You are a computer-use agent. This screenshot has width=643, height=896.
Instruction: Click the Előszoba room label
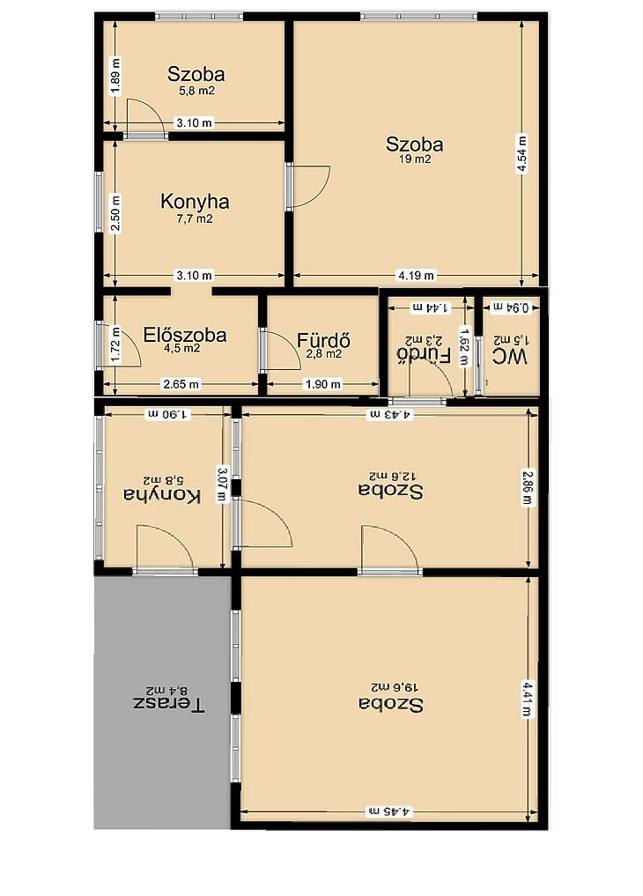(x=184, y=334)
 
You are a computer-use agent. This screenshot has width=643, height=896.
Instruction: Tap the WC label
(x=510, y=357)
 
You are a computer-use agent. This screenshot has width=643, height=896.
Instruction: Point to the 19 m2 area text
(x=415, y=159)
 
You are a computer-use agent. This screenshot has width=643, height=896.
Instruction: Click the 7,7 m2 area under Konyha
(x=195, y=218)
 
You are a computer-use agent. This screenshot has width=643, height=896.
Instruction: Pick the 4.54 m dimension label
(x=521, y=152)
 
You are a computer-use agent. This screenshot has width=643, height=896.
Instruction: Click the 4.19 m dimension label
(x=416, y=276)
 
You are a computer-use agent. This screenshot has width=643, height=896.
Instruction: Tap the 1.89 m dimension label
(x=116, y=76)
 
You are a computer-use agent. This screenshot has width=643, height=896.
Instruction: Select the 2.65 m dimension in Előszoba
(x=181, y=384)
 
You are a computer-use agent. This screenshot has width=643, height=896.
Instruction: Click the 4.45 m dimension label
(x=389, y=811)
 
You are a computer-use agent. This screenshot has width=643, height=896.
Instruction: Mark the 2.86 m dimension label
(x=528, y=487)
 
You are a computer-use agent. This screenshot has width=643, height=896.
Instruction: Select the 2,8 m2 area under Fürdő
(x=324, y=353)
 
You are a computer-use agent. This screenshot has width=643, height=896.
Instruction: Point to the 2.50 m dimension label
(x=116, y=213)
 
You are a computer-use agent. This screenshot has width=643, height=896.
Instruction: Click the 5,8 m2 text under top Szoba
(x=197, y=90)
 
